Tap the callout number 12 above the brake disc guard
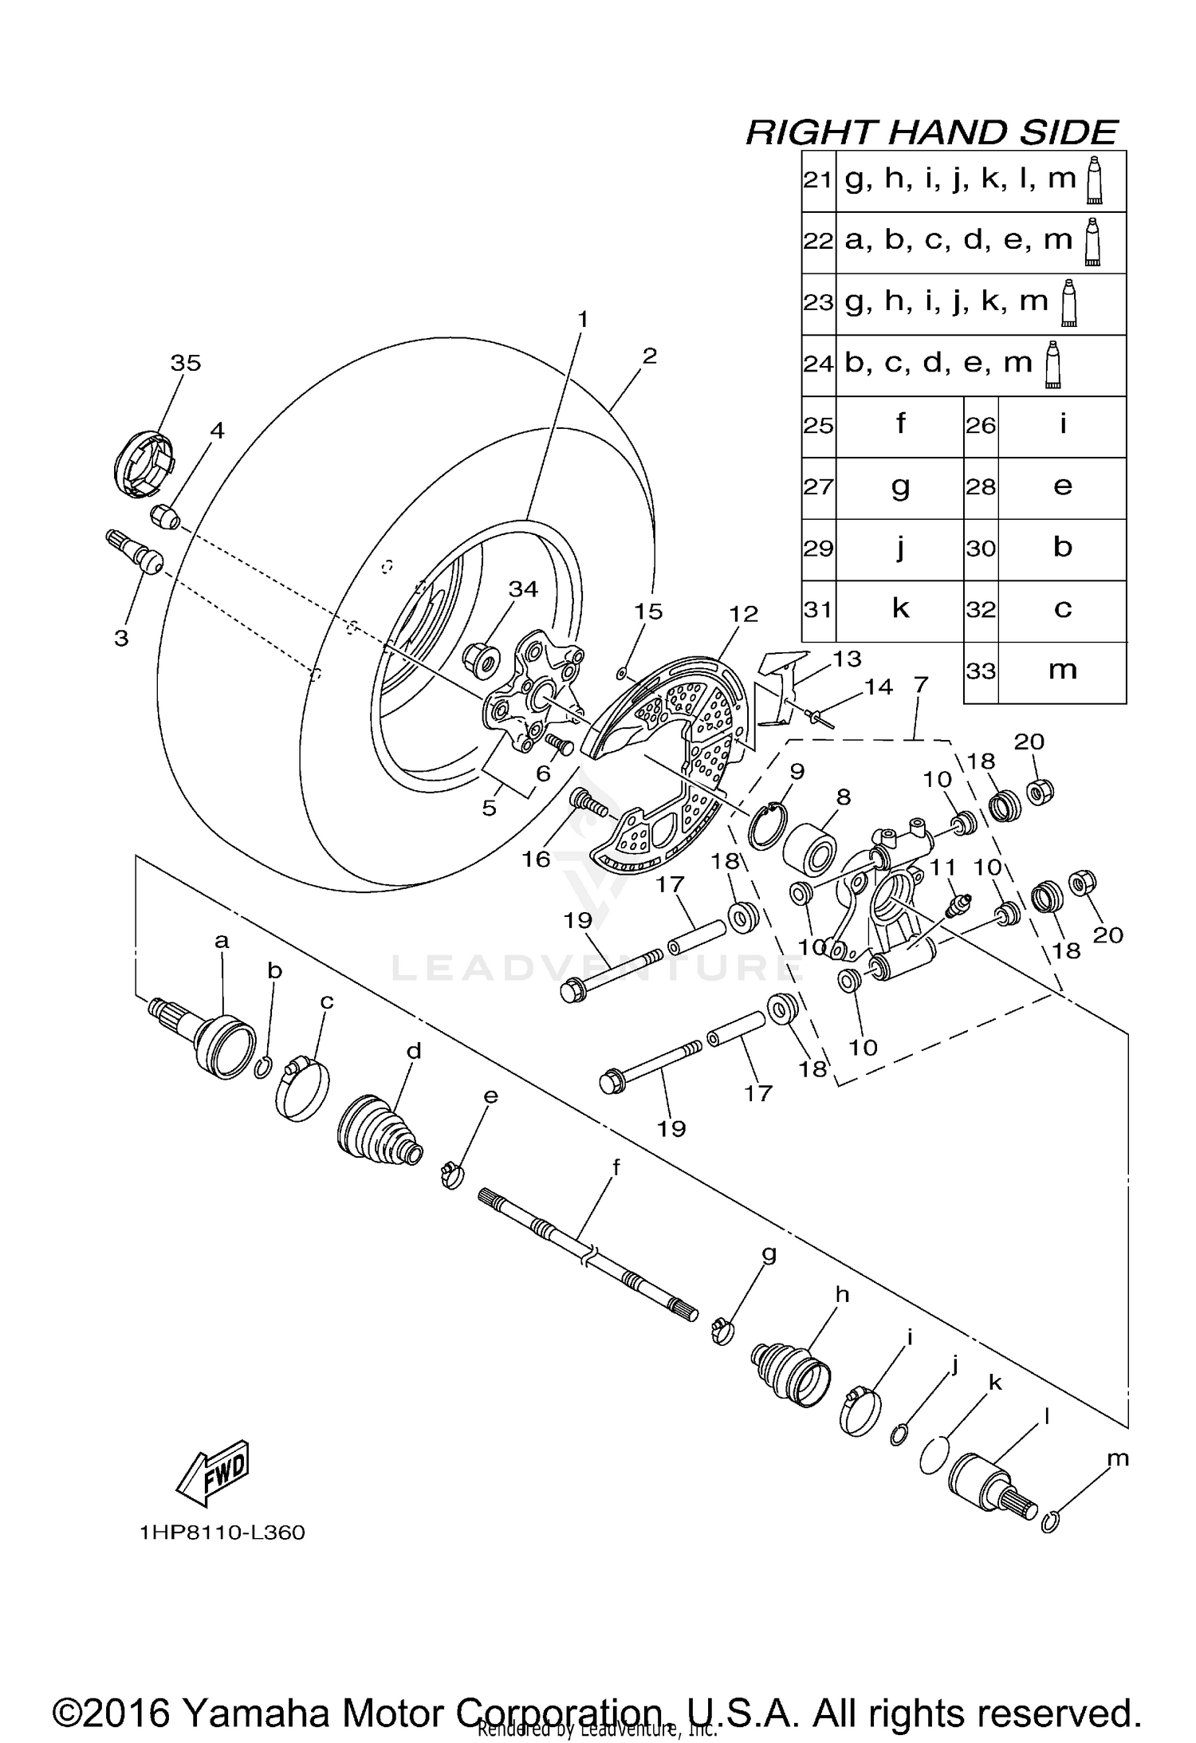742,614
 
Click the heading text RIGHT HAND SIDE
930,132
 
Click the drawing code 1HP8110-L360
222,1533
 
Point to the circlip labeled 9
767,828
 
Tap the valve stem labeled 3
136,552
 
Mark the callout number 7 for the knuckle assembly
921,684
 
